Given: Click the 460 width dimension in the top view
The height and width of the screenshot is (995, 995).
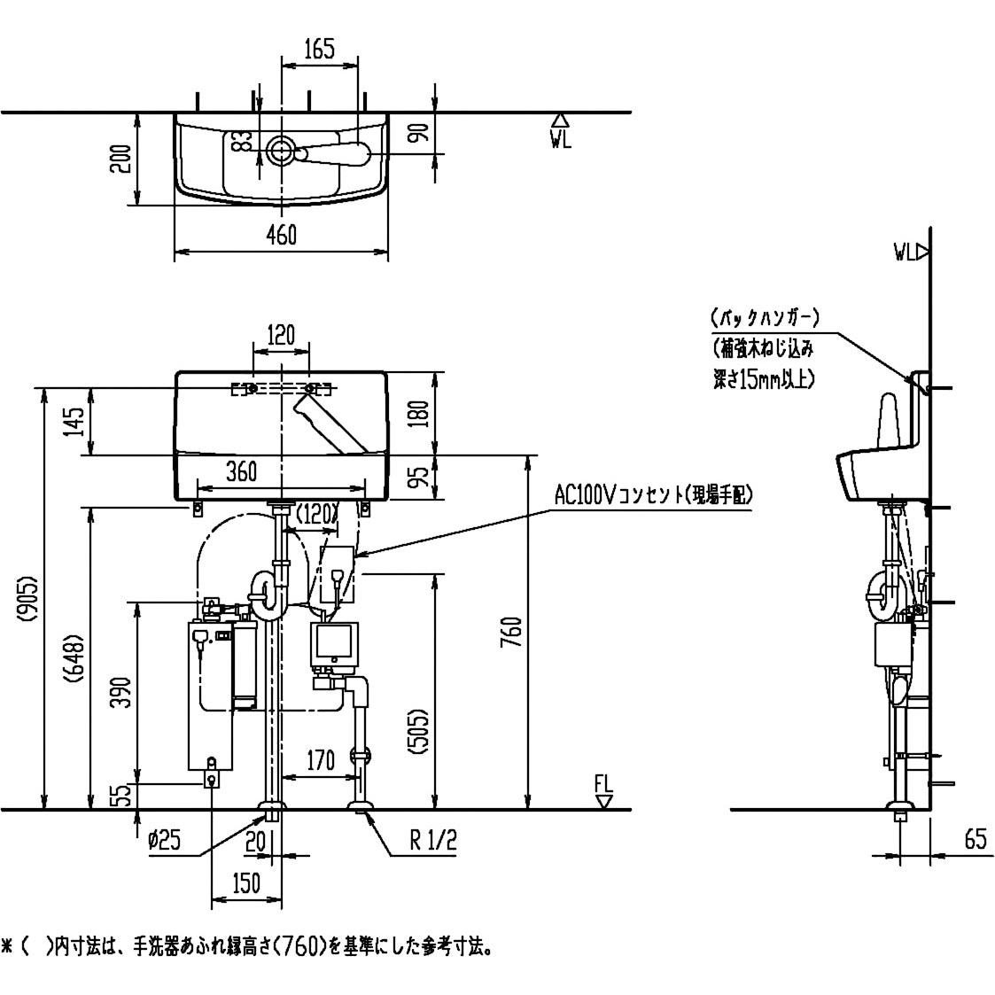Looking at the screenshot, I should click(x=281, y=236).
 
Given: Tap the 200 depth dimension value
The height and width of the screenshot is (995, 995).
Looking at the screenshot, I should click(x=123, y=159).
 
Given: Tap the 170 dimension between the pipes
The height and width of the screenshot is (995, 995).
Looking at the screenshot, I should click(x=320, y=759).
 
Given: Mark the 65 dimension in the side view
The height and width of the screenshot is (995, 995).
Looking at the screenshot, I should click(x=975, y=839).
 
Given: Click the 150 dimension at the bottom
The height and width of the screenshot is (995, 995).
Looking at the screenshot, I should click(x=246, y=883).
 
